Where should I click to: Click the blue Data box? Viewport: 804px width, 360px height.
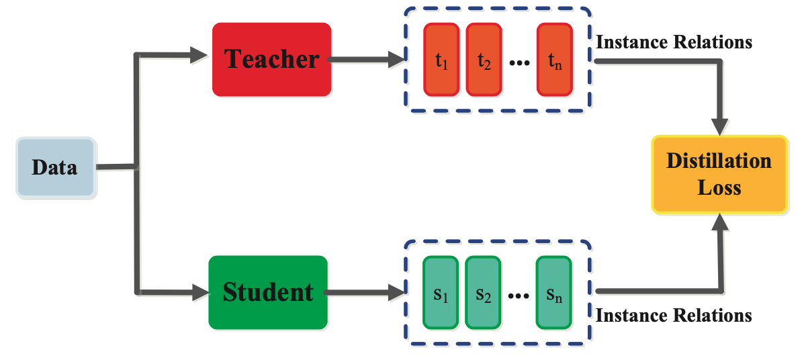click(55, 167)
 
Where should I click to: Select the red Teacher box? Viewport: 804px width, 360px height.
click(271, 59)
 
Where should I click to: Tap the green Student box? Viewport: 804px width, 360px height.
click(267, 292)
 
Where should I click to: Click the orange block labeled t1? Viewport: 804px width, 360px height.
click(441, 60)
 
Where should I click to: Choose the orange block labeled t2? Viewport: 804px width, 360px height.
click(484, 60)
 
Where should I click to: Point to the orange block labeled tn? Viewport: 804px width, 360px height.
click(554, 60)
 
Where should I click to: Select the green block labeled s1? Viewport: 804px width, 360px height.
click(440, 294)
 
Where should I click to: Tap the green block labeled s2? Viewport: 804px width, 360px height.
click(483, 294)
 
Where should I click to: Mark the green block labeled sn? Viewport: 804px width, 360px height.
click(553, 294)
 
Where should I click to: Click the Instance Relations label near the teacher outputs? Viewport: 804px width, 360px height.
click(674, 42)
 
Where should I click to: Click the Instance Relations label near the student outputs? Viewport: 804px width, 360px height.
click(674, 315)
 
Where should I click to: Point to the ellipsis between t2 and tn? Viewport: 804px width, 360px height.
click(519, 63)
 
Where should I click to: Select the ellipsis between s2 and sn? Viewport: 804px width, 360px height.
click(519, 296)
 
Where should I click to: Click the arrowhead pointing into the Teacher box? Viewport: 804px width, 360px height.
click(199, 54)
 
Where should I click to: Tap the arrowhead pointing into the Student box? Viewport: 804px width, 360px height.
click(199, 291)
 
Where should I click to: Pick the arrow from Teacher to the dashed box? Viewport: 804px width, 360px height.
click(366, 60)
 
